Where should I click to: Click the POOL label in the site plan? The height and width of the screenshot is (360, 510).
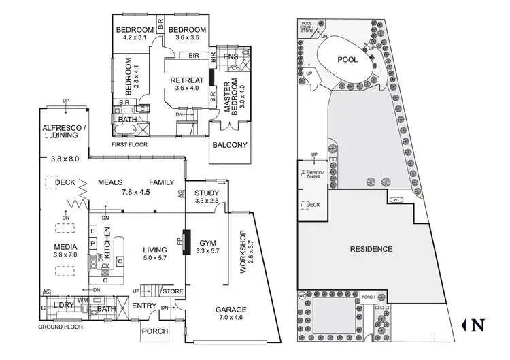(x=347, y=60)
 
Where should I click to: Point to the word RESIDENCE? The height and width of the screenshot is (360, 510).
(x=371, y=249)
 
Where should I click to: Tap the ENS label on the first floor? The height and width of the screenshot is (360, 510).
(x=231, y=56)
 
